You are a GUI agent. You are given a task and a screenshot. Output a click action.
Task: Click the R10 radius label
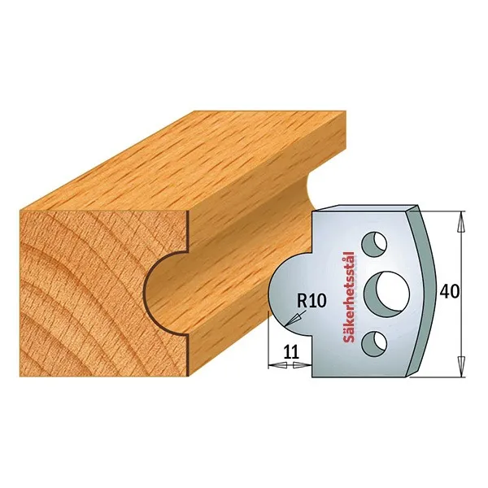click(312, 301)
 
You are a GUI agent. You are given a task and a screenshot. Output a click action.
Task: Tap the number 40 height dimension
click(449, 292)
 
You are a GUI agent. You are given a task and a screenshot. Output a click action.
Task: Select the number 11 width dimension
click(291, 352)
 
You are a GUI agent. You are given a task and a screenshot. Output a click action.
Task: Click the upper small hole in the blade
click(374, 243)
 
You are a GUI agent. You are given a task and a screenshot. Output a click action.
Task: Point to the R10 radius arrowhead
click(292, 320)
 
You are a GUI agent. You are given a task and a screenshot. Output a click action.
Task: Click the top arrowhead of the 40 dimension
click(462, 221)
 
